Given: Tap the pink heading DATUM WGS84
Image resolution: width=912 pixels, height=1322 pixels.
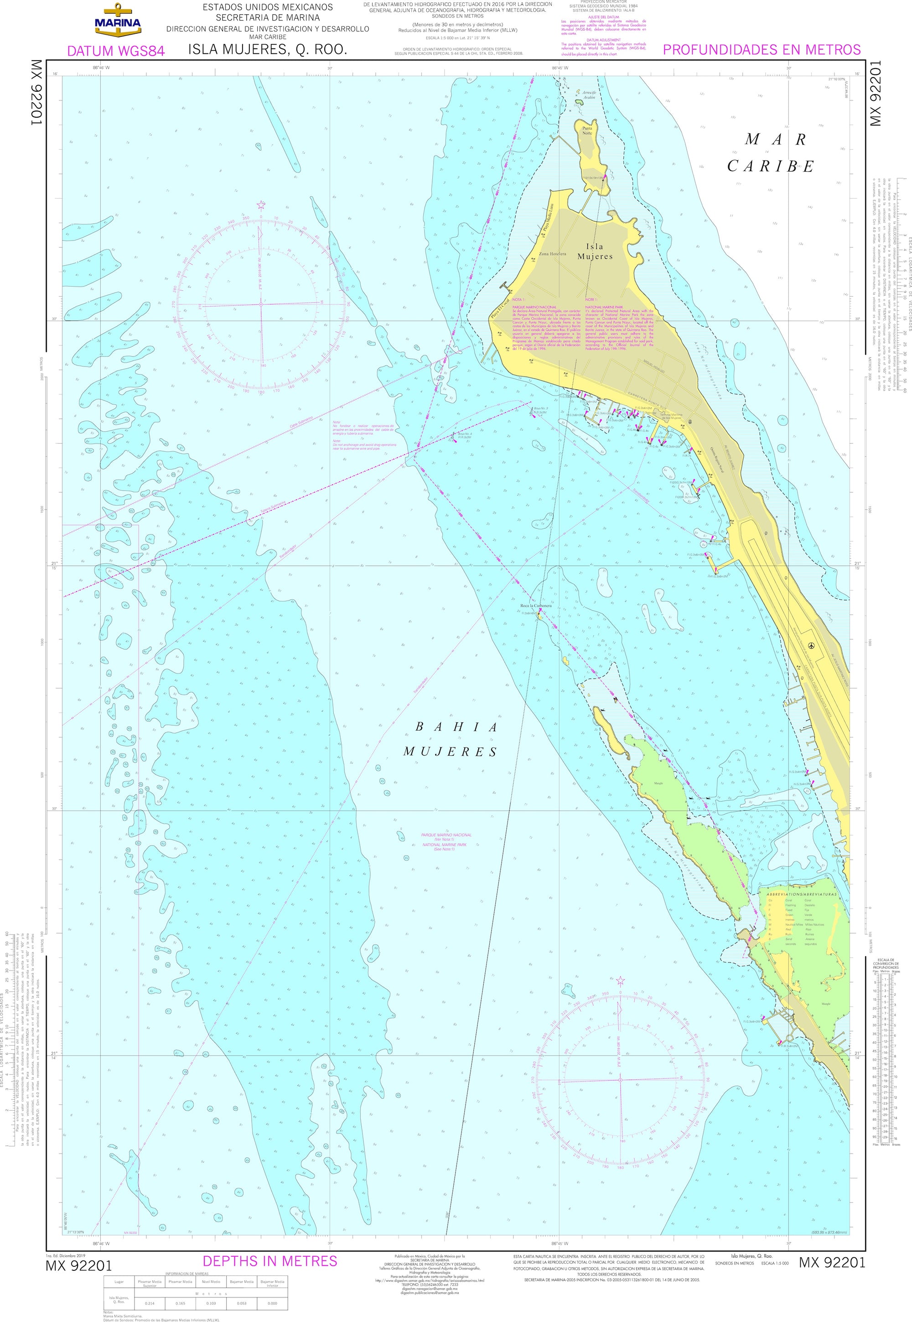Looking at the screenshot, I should [116, 51].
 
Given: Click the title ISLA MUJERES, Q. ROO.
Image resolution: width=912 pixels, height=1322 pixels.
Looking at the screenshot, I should [267, 50].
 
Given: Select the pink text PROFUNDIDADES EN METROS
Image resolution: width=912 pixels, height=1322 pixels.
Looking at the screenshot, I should [761, 50].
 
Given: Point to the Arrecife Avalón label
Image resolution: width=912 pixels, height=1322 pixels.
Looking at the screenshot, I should [589, 94].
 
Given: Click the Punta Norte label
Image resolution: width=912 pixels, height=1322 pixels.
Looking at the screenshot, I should [587, 131].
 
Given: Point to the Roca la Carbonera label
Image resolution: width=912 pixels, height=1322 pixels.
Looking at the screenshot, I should [535, 606].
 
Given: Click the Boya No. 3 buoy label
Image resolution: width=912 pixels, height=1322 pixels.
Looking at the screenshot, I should [540, 409].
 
